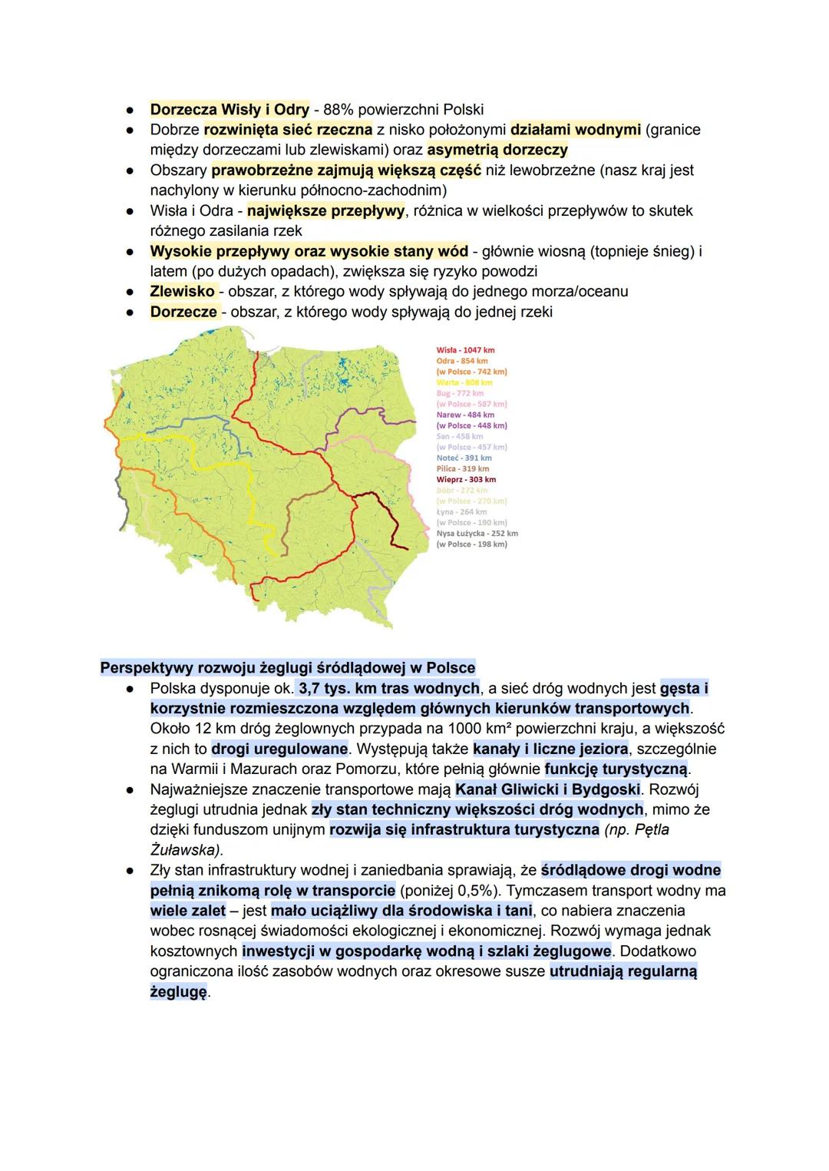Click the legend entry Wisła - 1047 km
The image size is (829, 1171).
pos(465,350)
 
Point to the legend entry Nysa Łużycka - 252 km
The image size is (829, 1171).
pos(477,533)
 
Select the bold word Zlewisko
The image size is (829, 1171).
pos(182,291)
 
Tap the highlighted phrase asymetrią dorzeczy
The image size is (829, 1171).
pos(497,149)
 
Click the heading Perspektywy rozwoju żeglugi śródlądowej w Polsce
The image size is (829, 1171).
pos(288,667)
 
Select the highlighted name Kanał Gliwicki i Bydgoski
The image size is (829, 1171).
pos(547,789)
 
